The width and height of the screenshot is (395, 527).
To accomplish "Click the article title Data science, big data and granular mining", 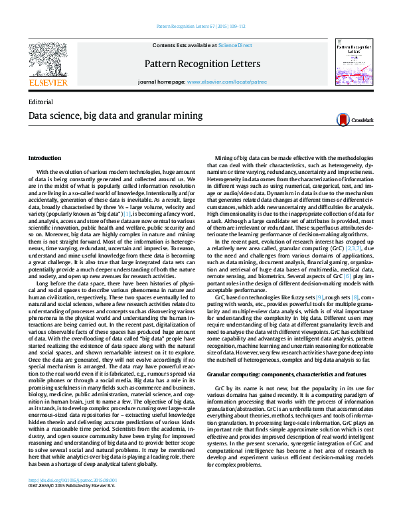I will click(106, 115).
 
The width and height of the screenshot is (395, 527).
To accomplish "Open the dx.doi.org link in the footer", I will click(72, 498).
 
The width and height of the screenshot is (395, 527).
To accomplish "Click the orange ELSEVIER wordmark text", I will click(48, 84).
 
